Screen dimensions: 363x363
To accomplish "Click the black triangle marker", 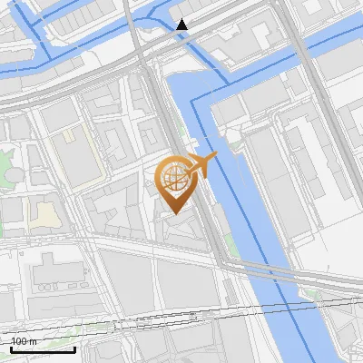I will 183,25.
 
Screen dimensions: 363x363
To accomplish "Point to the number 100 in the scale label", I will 19,341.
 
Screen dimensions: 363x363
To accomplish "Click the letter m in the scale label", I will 34,341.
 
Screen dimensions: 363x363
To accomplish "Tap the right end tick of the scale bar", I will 74,348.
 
